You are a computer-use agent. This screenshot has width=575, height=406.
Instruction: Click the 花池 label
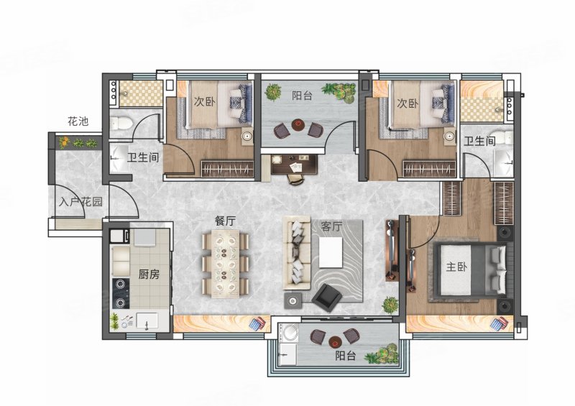78,121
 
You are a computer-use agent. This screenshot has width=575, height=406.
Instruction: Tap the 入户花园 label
80,202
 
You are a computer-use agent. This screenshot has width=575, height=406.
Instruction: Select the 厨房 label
149,274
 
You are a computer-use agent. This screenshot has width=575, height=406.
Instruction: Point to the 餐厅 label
225,221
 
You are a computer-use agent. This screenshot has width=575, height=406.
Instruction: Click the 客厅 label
331,226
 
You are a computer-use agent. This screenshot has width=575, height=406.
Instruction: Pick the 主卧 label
456,267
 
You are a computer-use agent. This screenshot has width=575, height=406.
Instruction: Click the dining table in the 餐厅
226,264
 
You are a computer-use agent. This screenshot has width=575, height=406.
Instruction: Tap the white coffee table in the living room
331,252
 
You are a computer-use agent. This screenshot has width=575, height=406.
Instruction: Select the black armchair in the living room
327,296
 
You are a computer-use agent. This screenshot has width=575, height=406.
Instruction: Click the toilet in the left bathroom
121,122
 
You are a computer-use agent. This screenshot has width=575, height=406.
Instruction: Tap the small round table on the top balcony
298,125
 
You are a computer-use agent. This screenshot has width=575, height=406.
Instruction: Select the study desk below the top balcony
295,164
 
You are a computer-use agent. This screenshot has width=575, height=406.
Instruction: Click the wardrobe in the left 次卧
227,169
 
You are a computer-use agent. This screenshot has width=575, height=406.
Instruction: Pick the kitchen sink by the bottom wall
147,320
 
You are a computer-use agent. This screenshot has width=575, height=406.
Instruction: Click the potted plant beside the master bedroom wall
390,305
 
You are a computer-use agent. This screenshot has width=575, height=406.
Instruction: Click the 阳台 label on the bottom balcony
346,356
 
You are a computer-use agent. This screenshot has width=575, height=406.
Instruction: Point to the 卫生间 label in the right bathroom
479,141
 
